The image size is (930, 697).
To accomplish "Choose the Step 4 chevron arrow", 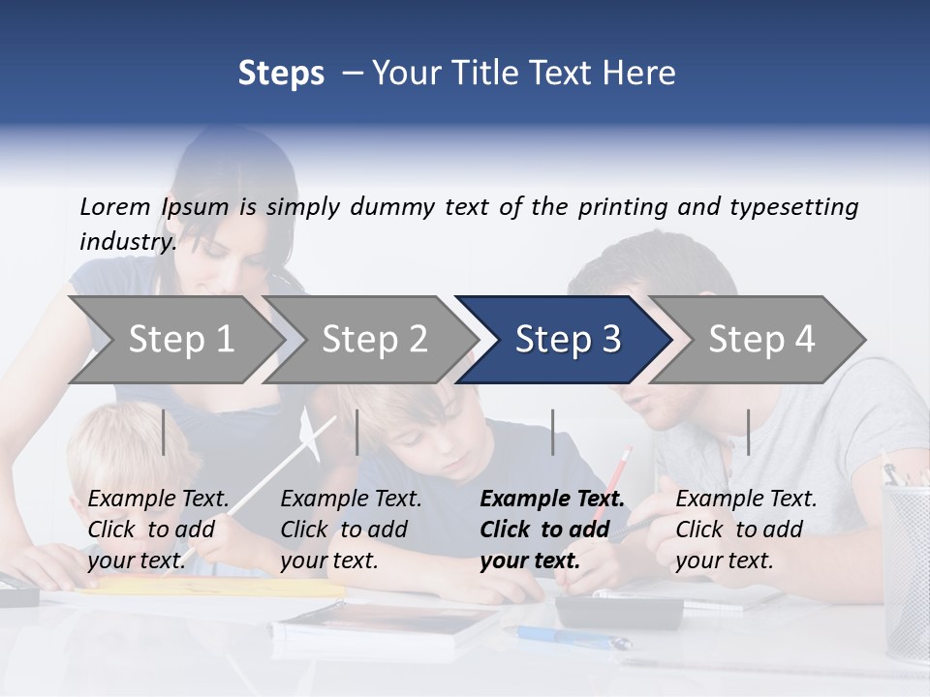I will (760, 339).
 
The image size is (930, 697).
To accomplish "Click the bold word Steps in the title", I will (281, 73).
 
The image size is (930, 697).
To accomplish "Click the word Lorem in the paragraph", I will (115, 206).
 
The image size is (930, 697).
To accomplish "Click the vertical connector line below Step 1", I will (164, 432).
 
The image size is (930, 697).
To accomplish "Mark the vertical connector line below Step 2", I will (357, 432).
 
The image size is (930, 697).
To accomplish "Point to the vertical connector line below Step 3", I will (553, 432).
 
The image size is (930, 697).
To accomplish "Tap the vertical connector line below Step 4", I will (749, 432).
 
